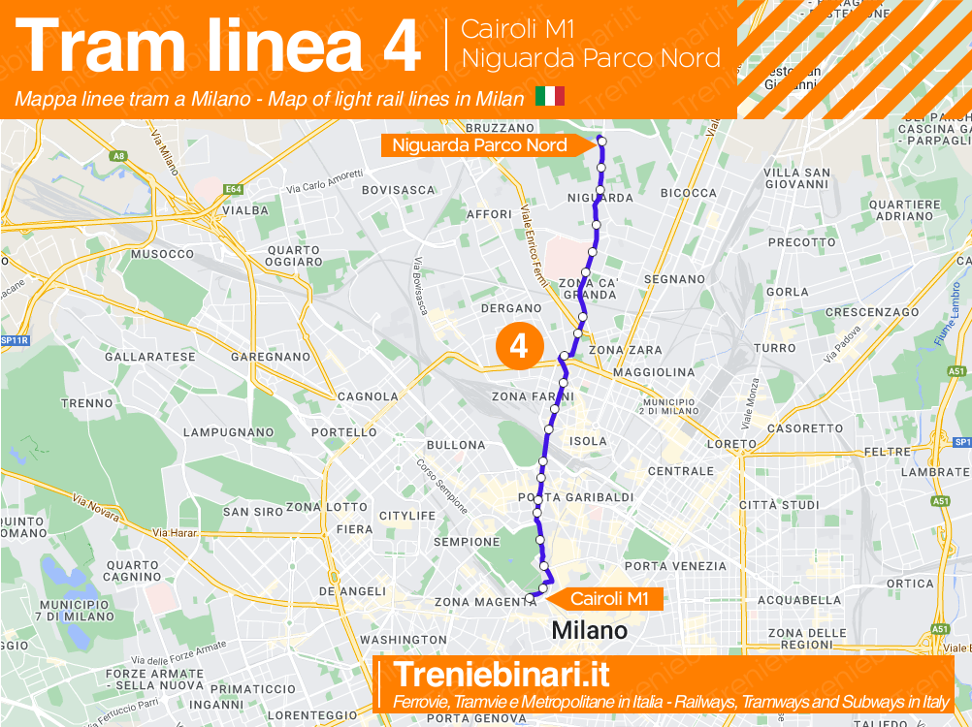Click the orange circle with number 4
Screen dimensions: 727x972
tap(519, 346)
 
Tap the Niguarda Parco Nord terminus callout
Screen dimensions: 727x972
tap(480, 145)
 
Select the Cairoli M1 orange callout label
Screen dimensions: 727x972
tap(609, 599)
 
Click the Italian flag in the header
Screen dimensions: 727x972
tap(550, 98)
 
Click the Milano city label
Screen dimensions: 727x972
tap(590, 631)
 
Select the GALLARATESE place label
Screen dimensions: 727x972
tap(149, 357)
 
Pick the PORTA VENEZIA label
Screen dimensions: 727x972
tap(675, 566)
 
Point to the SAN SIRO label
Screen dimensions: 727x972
tap(252, 512)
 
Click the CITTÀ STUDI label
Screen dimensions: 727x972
tap(780, 505)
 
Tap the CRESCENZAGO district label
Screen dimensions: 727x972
tap(872, 312)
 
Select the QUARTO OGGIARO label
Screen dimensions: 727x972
tap(294, 256)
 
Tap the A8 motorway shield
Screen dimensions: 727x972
tap(119, 155)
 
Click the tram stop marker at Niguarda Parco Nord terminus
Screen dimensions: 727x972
tap(601, 142)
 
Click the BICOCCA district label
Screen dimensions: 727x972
tap(688, 193)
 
